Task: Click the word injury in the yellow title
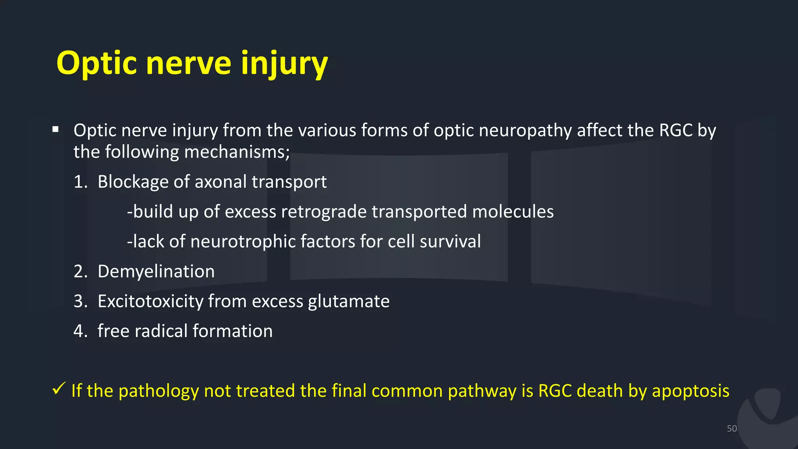pyautogui.click(x=284, y=63)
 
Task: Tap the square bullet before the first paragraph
pyautogui.click(x=55, y=129)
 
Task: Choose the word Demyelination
pyautogui.click(x=156, y=271)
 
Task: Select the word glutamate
pyautogui.click(x=348, y=301)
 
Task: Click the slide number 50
pyautogui.click(x=731, y=428)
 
